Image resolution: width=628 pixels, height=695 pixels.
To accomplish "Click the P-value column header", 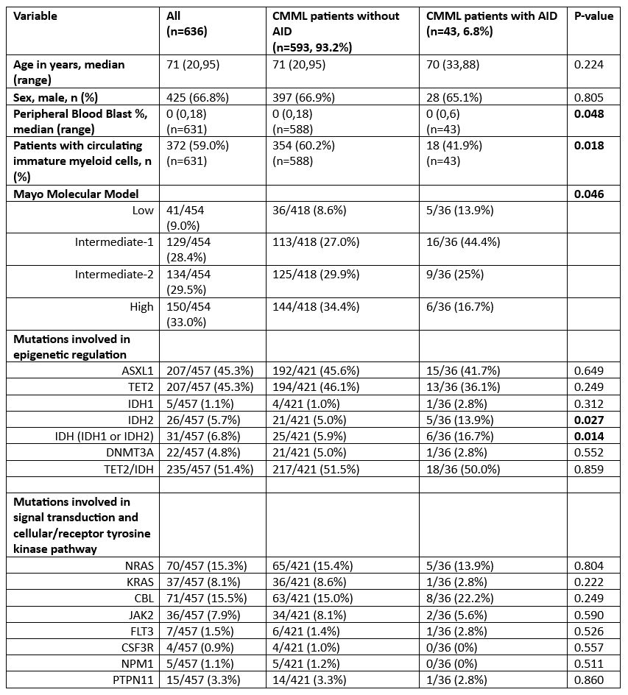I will (593, 15).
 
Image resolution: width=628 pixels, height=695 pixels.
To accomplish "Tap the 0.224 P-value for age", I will (589, 65).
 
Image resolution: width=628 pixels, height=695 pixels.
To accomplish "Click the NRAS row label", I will (136, 565).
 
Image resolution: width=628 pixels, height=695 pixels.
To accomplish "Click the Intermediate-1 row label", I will (114, 241).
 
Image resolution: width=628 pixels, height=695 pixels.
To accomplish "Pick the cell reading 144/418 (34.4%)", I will (317, 306).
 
